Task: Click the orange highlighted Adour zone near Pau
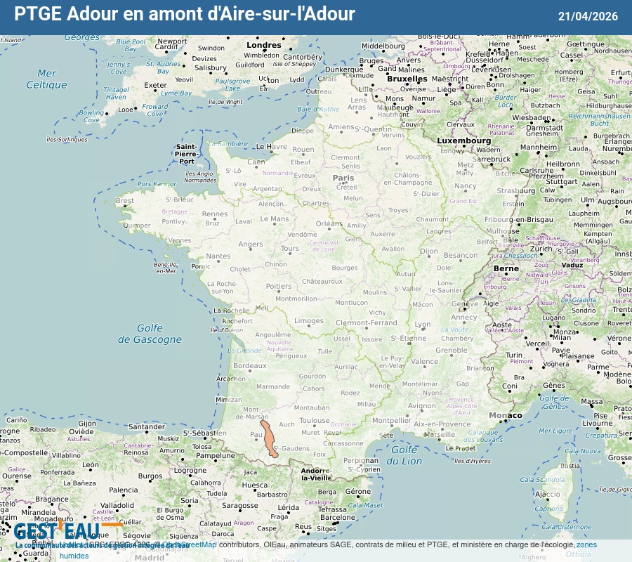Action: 270,439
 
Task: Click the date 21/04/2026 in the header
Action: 588,16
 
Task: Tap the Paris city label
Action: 343,178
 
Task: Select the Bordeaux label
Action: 250,366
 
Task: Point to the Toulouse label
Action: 314,421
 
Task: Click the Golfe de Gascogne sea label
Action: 150,334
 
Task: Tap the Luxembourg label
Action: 464,140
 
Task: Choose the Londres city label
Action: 263,45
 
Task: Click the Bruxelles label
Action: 407,79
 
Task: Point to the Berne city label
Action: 506,268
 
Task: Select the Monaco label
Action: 506,415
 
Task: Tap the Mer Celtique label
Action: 46,79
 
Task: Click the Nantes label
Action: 218,256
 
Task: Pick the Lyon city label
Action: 422,325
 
